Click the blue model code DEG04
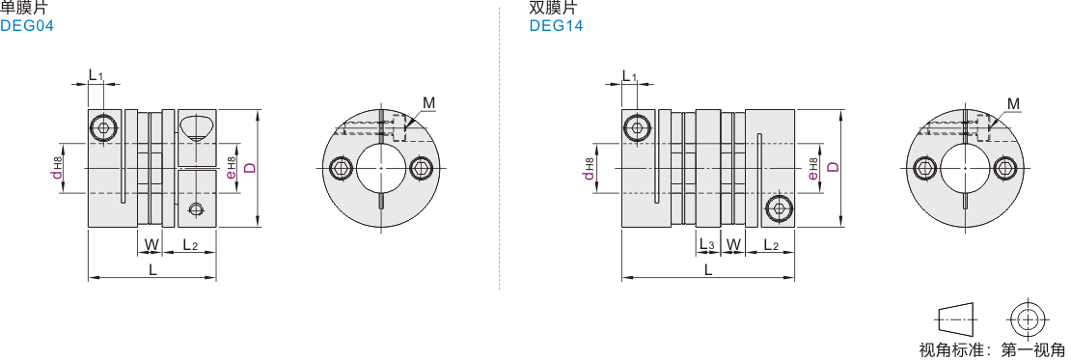click(x=27, y=27)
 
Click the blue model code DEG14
click(x=556, y=27)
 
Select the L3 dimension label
click(x=707, y=245)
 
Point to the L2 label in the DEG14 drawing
click(x=772, y=245)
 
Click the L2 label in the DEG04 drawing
click(x=190, y=245)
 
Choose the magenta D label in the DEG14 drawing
click(x=833, y=167)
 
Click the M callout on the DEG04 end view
click(x=429, y=103)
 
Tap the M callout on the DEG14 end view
click(x=1014, y=103)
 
